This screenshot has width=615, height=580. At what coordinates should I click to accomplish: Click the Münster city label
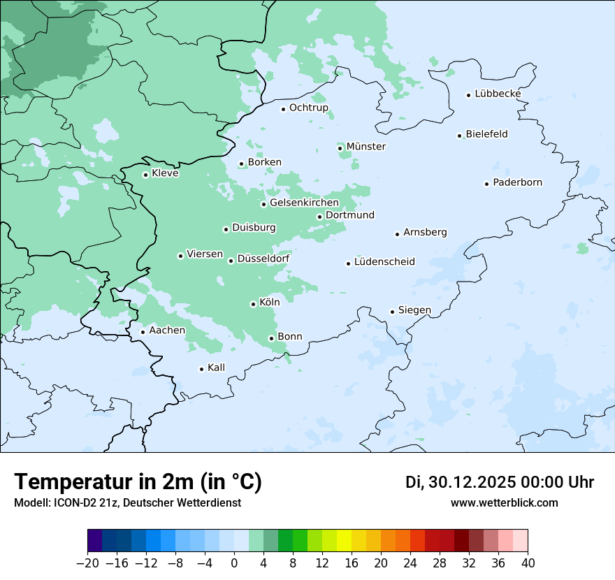[x=366, y=147]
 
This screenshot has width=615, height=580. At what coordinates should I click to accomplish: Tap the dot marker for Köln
[x=253, y=304]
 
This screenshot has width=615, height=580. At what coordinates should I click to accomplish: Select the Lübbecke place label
[x=498, y=94]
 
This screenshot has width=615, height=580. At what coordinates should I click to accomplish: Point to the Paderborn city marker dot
[x=486, y=184]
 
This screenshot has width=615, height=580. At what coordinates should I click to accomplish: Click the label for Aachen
[x=167, y=331]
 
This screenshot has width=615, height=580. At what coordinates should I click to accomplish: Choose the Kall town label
[x=216, y=368]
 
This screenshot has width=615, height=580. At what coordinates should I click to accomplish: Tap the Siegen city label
[x=414, y=310]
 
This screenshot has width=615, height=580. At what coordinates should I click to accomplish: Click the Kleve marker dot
[x=145, y=175]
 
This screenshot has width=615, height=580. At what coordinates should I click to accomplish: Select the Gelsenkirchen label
[x=304, y=203]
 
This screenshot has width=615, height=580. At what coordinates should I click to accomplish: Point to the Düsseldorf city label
[x=263, y=259]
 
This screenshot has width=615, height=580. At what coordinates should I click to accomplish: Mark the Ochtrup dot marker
[x=283, y=108]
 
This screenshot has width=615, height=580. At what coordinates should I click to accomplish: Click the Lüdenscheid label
[x=384, y=262]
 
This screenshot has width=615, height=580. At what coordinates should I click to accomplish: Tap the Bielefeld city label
[x=486, y=134]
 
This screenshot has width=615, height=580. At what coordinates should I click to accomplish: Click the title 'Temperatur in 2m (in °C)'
[x=138, y=482]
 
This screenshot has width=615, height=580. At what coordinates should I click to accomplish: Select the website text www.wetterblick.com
[x=504, y=503]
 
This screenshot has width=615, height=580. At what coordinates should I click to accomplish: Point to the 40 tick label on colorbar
[x=528, y=563]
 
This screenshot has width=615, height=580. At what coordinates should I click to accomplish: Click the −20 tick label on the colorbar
[x=87, y=563]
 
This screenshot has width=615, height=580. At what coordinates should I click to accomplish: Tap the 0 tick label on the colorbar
[x=234, y=563]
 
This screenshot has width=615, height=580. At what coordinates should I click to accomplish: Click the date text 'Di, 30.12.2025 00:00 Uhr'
[x=500, y=482]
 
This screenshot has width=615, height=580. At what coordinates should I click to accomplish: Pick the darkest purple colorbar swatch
[x=95, y=541]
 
